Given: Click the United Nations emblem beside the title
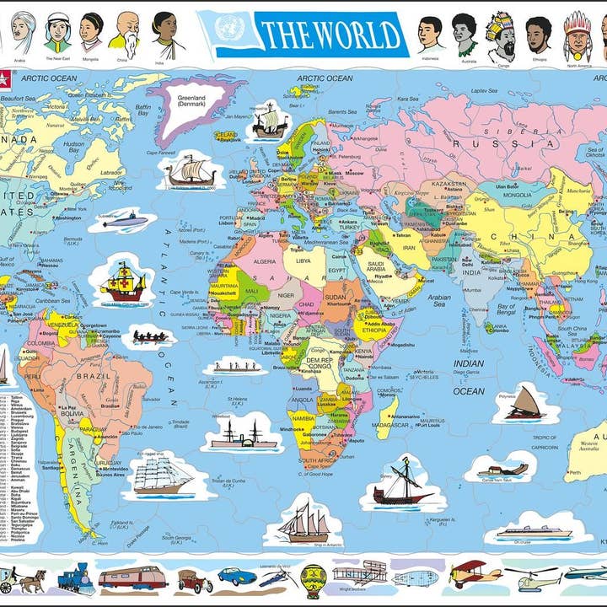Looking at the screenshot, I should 228,30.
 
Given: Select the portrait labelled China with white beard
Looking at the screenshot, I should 127,33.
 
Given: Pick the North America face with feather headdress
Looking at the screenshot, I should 577,33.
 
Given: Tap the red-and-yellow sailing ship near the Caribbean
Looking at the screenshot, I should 122,283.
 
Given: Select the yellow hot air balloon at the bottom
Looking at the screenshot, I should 314,579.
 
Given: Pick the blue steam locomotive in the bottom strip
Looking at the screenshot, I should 76,579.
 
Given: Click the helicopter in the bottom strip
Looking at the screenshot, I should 529,577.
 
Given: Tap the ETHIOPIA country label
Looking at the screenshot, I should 373,331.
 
